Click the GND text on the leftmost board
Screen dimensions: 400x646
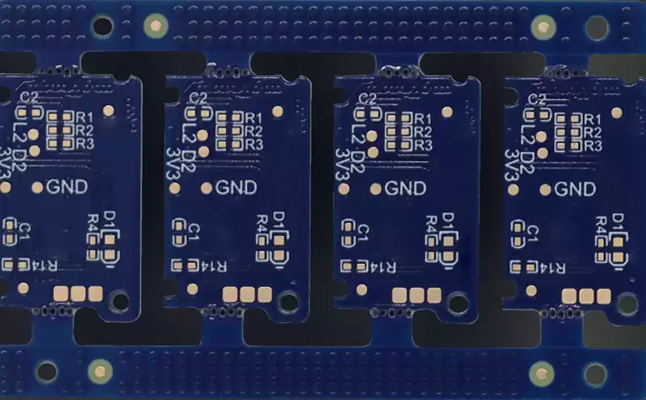tap(67, 187)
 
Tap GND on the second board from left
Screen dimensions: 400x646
tap(236, 188)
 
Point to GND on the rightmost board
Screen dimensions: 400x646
tap(574, 189)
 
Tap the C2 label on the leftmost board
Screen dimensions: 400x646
tap(30, 97)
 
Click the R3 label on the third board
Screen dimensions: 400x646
tap(422, 145)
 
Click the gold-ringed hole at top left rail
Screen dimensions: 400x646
tap(153, 26)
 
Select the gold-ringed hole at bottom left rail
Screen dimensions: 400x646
tap(99, 372)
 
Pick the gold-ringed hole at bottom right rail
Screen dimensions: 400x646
tap(539, 373)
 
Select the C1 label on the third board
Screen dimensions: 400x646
tap(363, 233)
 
